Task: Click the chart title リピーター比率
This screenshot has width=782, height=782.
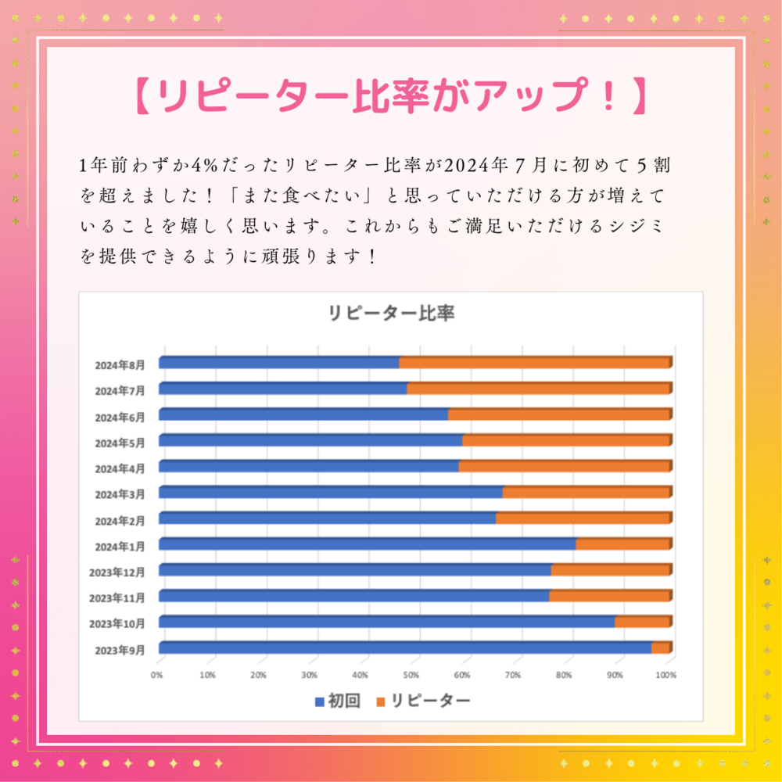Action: pos(391,314)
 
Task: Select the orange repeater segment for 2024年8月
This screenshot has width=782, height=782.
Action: pos(535,363)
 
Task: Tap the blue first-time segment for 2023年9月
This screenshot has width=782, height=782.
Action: pos(405,647)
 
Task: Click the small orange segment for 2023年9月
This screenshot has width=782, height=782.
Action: pos(661,647)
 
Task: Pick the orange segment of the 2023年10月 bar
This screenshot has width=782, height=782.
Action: pos(642,622)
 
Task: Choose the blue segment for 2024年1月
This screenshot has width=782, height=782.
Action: pos(367,544)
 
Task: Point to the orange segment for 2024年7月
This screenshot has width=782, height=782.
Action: pos(539,389)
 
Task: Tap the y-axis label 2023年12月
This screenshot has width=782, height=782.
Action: pos(117,572)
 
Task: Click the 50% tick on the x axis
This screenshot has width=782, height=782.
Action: pos(412,675)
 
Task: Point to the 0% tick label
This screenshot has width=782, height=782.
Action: pos(157,675)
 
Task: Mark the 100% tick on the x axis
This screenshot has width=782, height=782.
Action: pos(666,675)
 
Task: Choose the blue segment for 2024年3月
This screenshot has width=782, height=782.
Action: pos(330,493)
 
